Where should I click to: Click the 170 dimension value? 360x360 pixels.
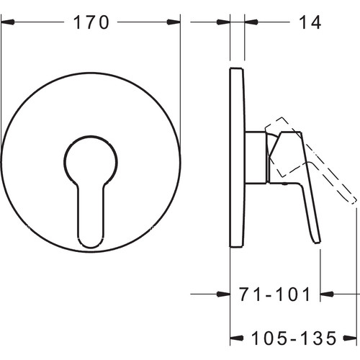coord(91,22)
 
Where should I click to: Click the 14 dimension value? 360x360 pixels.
coord(310,22)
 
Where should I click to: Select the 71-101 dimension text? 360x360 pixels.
coord(275,294)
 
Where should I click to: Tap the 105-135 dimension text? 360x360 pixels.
coord(294,338)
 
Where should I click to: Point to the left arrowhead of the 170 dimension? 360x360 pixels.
coord(8,22)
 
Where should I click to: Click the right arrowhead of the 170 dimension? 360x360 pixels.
coord(174,22)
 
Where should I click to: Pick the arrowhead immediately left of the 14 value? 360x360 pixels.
coord(251,22)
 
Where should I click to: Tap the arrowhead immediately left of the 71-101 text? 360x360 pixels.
coord(223,294)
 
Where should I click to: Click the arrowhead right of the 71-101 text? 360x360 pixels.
coord(327,294)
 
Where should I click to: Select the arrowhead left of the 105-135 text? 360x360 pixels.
coord(237,338)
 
